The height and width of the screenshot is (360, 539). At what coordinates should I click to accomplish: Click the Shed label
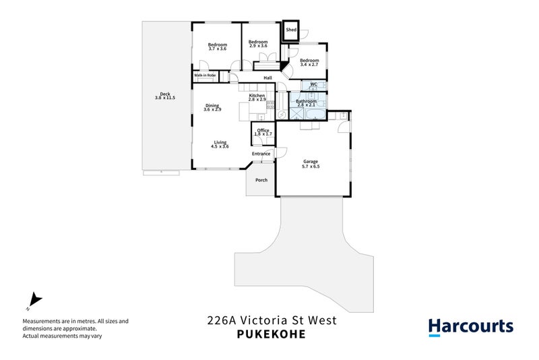pos(291,30)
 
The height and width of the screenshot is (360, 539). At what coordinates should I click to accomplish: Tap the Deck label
pos(165,94)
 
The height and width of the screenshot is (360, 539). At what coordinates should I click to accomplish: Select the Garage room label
pos(311,162)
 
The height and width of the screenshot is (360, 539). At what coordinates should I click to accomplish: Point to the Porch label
pos(261,180)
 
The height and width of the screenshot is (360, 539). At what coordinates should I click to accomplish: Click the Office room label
pos(263,130)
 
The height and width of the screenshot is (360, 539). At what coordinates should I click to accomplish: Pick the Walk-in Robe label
pos(205,76)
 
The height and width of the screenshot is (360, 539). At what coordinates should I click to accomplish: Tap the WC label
pos(314,85)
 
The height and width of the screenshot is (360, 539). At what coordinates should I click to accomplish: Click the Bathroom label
pos(307,101)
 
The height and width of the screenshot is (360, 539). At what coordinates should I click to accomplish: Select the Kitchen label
pos(257,96)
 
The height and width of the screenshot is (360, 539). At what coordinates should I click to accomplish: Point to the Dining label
pos(212,105)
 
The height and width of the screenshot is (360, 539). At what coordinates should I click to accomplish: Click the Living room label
pos(220,142)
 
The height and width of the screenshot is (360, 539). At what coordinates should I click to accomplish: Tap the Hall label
pos(267,78)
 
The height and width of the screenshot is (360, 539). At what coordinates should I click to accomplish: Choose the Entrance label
pos(261,154)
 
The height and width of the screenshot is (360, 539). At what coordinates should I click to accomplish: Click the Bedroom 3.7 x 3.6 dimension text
pos(218,49)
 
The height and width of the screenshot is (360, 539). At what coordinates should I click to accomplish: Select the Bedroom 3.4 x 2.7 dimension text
pos(309,65)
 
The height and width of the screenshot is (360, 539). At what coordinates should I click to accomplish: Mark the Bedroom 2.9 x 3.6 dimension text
pos(258,46)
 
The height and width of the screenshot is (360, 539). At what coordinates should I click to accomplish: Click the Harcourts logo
pos(471,327)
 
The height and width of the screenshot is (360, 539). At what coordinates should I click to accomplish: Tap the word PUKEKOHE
pos(271,334)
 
